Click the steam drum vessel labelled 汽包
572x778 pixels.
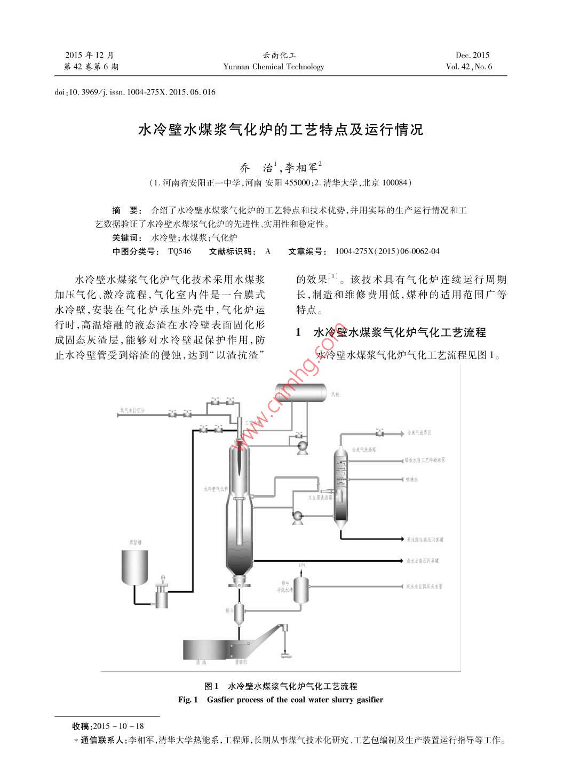pos(299,393)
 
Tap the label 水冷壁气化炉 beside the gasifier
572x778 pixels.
pos(216,488)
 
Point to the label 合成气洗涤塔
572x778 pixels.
pos(365,450)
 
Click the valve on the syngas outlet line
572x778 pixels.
pos(379,432)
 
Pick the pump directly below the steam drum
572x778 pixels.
pos(300,446)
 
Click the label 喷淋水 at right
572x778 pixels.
pos(412,479)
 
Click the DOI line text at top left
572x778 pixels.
pos(135,92)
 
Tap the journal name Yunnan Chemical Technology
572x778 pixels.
pos(274,67)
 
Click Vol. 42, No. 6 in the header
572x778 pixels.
pos(468,67)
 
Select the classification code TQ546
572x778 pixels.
pos(179,251)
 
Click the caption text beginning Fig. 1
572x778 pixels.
pos(281,700)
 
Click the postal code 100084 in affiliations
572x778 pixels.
pos(395,183)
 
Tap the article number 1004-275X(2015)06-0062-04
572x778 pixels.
pos(387,251)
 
